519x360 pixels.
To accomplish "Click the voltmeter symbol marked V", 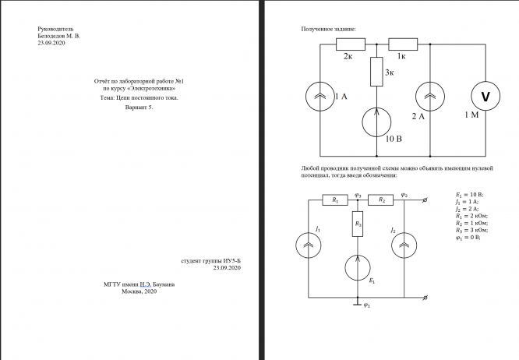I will point(485,97).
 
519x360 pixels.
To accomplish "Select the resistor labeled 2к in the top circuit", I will point(350,44).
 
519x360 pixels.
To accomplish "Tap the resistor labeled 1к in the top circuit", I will point(403,44).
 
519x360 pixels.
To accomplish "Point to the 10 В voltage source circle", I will point(376,124).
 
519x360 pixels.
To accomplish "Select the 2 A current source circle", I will point(430,97).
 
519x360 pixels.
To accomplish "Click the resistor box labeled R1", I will point(334,200).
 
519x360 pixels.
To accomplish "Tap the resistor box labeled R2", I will point(381,200).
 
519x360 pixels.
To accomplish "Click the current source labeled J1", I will point(310,247).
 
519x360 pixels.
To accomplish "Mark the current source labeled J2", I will point(405,247).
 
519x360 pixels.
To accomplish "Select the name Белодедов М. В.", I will point(58,36).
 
